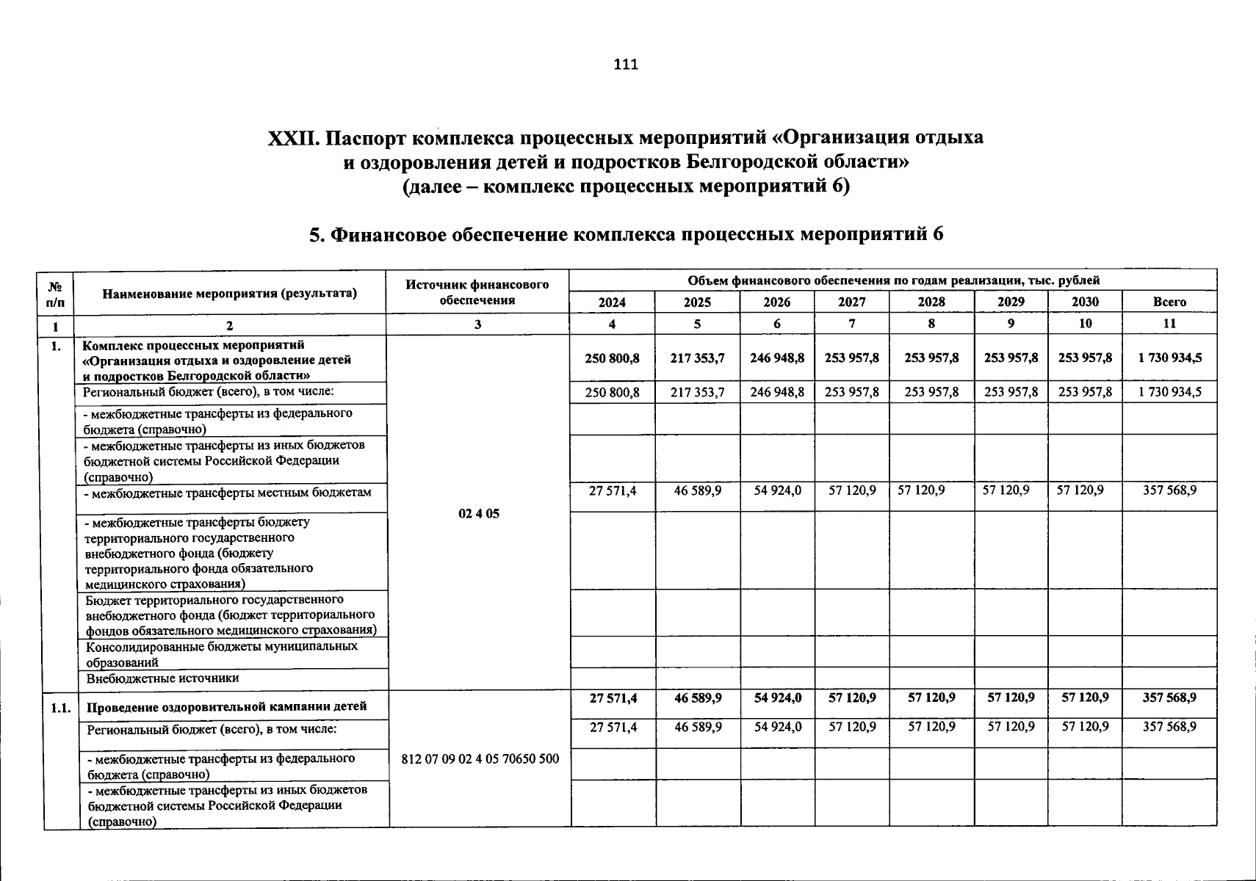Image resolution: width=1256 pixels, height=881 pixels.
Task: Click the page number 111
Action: click(626, 65)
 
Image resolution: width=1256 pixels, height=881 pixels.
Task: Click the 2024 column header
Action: click(612, 302)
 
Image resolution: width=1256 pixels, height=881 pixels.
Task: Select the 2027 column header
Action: click(851, 302)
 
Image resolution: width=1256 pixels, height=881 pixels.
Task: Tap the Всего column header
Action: click(1169, 302)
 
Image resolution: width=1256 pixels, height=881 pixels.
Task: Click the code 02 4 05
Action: click(478, 514)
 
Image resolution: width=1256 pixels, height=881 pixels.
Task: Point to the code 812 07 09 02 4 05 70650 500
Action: click(480, 758)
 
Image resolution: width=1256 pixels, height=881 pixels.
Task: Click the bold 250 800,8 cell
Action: click(612, 358)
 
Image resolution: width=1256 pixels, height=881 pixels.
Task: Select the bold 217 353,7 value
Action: click(697, 358)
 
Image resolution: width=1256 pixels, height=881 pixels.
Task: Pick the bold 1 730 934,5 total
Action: click(1169, 358)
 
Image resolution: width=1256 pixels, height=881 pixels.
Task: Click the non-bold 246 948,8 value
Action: click(777, 392)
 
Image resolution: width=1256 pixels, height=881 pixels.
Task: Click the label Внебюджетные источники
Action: click(163, 679)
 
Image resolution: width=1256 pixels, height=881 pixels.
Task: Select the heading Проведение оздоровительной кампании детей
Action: click(227, 708)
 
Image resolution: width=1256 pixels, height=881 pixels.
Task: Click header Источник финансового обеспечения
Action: click(477, 292)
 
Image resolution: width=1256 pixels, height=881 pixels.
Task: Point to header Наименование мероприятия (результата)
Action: click(230, 294)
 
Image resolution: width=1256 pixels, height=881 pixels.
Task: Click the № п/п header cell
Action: click(54, 294)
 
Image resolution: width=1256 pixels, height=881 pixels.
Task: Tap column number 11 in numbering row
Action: click(1169, 324)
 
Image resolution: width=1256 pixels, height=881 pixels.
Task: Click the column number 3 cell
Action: click(477, 324)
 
